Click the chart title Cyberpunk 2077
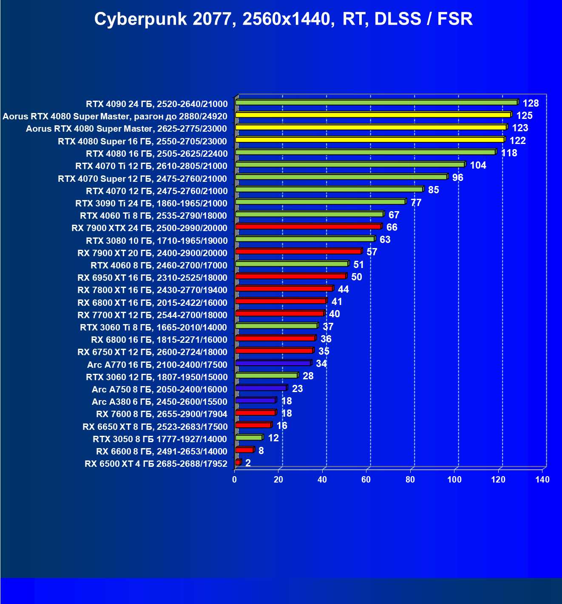point(283,20)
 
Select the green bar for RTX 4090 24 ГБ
point(376,102)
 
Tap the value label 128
point(531,103)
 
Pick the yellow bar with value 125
point(373,115)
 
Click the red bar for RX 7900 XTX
point(308,226)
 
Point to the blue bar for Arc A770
point(273,363)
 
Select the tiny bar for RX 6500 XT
point(238,462)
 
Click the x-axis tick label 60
point(366,480)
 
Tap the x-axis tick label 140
point(542,480)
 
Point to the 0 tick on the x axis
point(235,480)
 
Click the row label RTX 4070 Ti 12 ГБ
point(151,166)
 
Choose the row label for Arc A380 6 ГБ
point(159,402)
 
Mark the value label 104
point(478,165)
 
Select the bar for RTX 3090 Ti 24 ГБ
point(320,202)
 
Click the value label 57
point(372,252)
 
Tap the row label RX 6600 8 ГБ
point(162,452)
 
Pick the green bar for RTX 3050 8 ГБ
point(249,437)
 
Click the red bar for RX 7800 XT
point(284,289)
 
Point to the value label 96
point(457,178)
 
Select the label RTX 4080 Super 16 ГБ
point(142,141)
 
